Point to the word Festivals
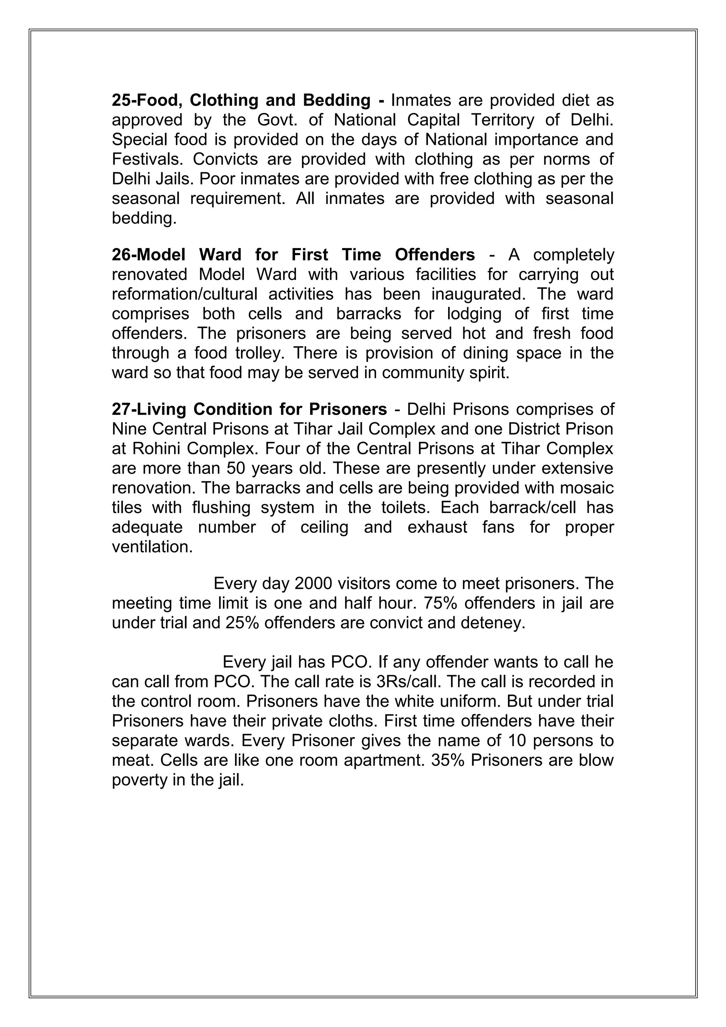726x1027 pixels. point(147,159)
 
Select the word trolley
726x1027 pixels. point(259,353)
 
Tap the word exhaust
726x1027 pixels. point(437,527)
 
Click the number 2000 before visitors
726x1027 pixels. point(313,584)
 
